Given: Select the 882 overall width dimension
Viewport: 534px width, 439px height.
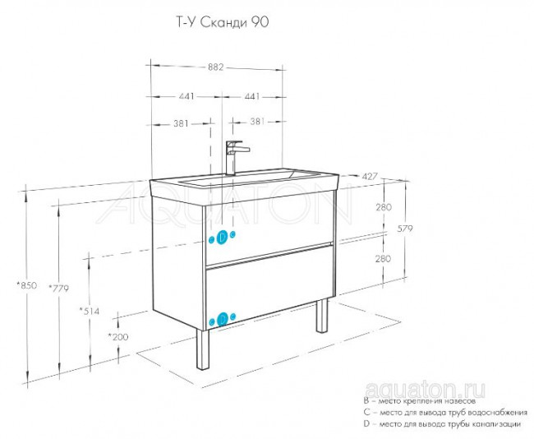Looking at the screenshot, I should [217, 69].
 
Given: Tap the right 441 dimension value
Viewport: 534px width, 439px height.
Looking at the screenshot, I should [251, 97].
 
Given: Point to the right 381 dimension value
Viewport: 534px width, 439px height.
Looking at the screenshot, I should [256, 123].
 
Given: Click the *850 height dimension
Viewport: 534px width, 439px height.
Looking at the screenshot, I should [28, 285].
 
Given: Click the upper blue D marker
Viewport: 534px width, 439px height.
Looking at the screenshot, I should [221, 237].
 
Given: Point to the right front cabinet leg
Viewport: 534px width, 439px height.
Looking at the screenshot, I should [321, 317].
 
